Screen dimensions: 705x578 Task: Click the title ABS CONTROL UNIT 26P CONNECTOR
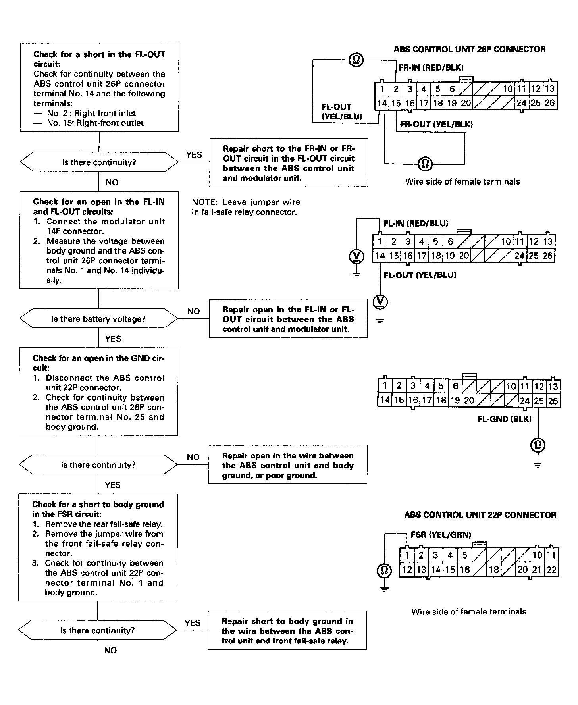pyautogui.click(x=469, y=50)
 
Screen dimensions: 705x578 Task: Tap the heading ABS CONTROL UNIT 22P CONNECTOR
pyautogui.click(x=480, y=515)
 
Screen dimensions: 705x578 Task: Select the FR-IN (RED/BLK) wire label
pyautogui.click(x=431, y=67)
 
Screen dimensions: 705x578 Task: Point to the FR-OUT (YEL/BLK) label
pyautogui.click(x=436, y=124)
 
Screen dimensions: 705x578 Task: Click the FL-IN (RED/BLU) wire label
pyautogui.click(x=416, y=223)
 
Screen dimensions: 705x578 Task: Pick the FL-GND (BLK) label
pyautogui.click(x=504, y=419)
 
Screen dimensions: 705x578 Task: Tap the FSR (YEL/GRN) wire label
pyautogui.click(x=441, y=535)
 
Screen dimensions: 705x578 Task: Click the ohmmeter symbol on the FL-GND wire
pyautogui.click(x=538, y=445)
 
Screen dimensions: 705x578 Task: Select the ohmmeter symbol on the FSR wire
pyautogui.click(x=384, y=571)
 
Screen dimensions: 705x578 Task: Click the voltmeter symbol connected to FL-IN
pyautogui.click(x=356, y=256)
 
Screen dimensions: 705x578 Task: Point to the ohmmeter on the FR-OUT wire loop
pyautogui.click(x=425, y=163)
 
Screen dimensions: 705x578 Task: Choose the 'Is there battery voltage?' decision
pyautogui.click(x=99, y=319)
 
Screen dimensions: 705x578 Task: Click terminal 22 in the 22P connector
pyautogui.click(x=551, y=570)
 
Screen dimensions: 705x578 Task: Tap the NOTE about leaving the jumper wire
pyautogui.click(x=246, y=207)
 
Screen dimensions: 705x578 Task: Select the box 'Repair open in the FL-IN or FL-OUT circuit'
pyautogui.click(x=288, y=319)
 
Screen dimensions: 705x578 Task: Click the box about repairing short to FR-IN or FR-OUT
pyautogui.click(x=289, y=163)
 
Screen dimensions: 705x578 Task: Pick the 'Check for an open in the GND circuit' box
pyautogui.click(x=98, y=392)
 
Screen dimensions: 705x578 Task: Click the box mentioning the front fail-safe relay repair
pyautogui.click(x=287, y=631)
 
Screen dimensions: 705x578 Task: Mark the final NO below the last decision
pyautogui.click(x=110, y=650)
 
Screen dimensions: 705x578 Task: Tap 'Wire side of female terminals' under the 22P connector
pyautogui.click(x=468, y=612)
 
